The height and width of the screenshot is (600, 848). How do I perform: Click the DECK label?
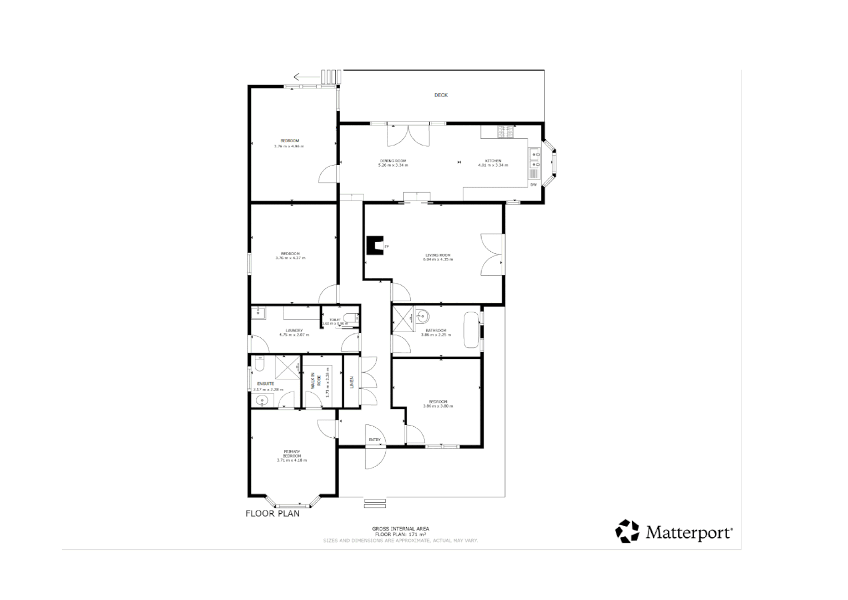(441, 95)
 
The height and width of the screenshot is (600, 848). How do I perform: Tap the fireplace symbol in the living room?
(375, 246)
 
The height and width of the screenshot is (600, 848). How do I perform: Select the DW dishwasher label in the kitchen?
(533, 184)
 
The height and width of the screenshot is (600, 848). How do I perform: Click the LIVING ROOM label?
(437, 255)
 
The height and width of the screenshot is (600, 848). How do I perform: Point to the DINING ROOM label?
(393, 161)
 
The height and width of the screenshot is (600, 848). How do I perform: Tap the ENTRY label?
(375, 440)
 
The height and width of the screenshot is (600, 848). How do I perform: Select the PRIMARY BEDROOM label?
(291, 453)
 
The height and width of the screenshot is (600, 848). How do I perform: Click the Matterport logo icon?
(627, 531)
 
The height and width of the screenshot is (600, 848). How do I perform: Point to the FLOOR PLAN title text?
(272, 513)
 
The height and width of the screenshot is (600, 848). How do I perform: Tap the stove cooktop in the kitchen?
(506, 132)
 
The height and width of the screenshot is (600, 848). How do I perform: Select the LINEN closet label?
(351, 382)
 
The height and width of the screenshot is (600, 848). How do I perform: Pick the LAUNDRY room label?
(294, 331)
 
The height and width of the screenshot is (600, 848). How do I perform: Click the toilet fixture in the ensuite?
(259, 364)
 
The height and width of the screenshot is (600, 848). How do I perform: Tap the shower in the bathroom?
(403, 318)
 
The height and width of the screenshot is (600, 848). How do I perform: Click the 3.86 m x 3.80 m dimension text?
(437, 406)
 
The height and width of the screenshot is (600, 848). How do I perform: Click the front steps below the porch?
(375, 503)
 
